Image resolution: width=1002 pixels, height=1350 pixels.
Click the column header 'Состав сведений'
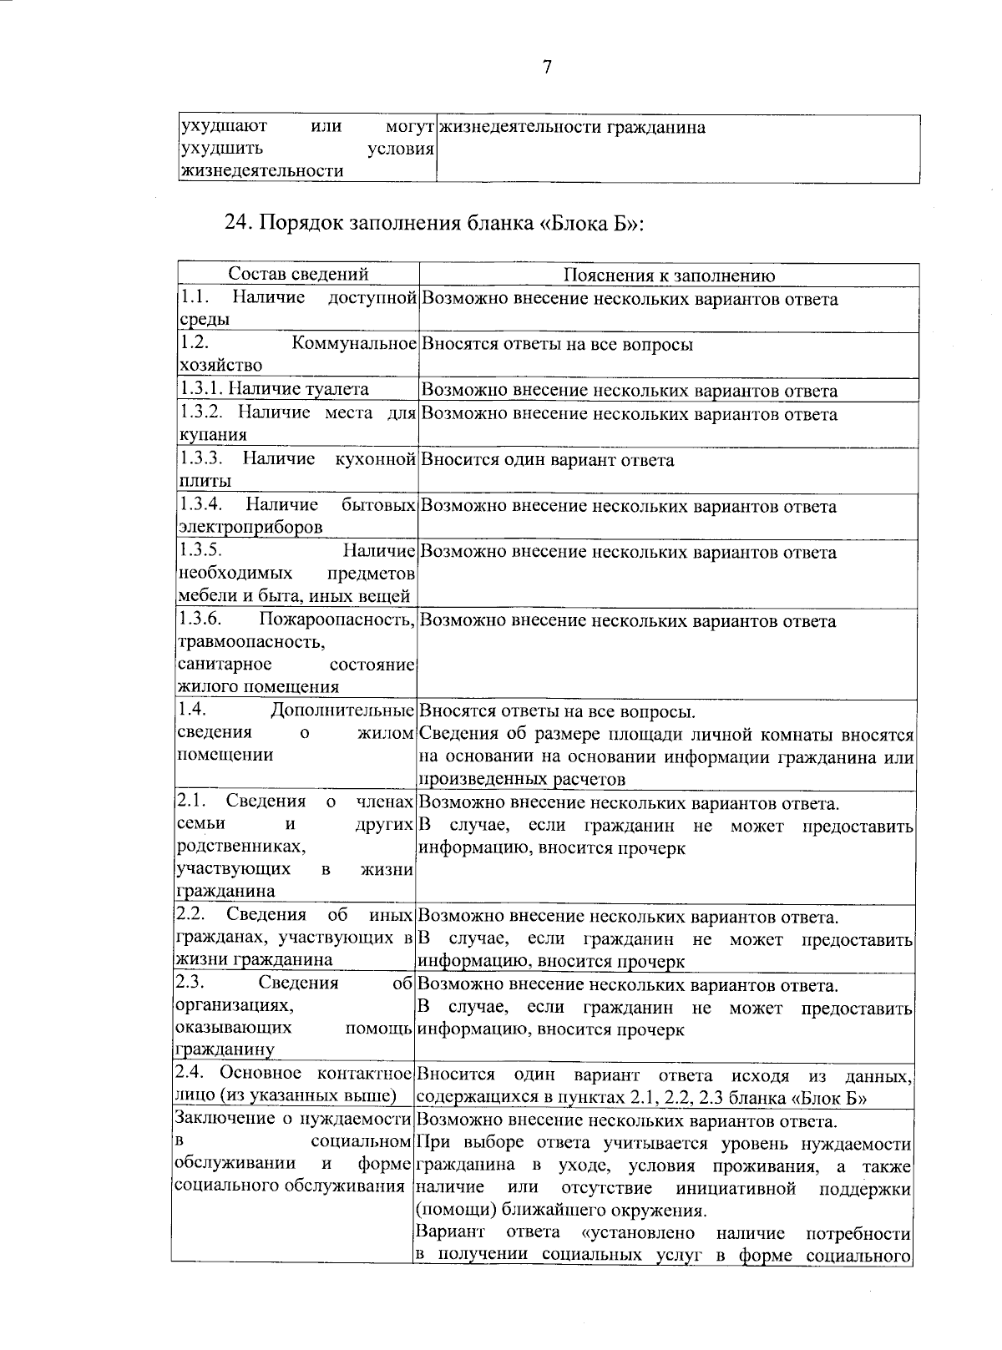tap(298, 275)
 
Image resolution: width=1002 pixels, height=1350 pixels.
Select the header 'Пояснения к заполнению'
tap(669, 276)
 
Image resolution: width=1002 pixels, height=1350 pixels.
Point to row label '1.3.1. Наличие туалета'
tap(274, 389)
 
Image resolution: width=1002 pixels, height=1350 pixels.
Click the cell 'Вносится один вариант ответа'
tap(547, 460)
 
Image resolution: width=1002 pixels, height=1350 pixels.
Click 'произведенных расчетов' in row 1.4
tap(521, 780)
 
